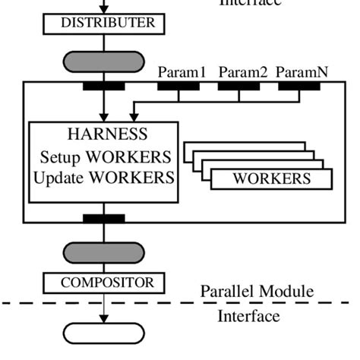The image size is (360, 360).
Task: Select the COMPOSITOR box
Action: tap(103, 283)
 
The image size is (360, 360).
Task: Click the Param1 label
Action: tap(182, 73)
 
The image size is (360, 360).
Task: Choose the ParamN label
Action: tap(302, 73)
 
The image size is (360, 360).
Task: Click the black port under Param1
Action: tap(178, 87)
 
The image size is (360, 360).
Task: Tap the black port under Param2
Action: tap(238, 87)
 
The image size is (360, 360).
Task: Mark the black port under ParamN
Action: tap(298, 87)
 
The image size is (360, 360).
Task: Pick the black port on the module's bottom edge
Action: tap(104, 219)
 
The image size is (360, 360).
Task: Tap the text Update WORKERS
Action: tap(105, 179)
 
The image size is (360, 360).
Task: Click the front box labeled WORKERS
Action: tap(271, 179)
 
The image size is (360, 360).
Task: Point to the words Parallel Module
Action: tap(257, 292)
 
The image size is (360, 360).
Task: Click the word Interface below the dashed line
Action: tap(248, 316)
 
